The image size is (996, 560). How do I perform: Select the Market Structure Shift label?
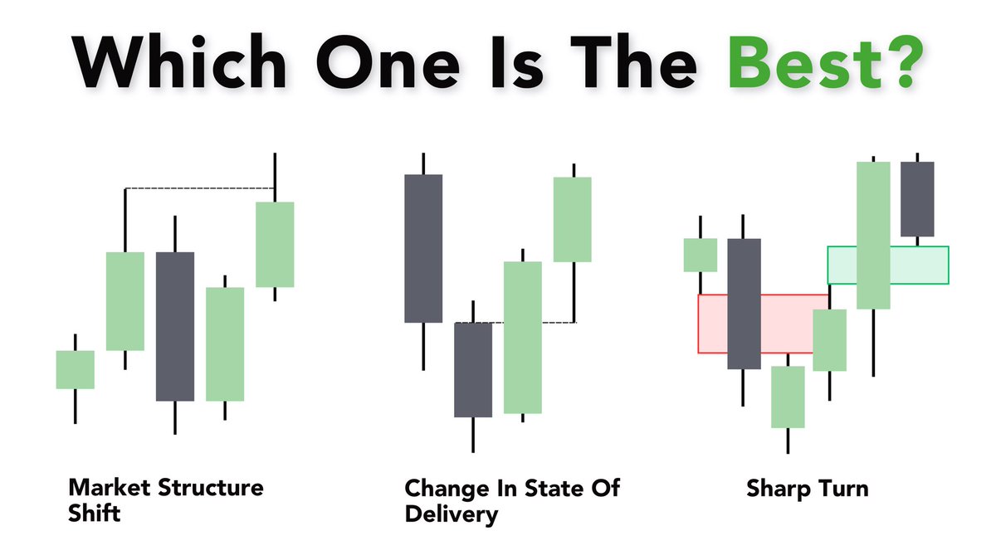coord(165,499)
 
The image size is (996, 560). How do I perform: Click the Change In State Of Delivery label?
coord(511,499)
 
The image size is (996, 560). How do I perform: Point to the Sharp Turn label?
coord(807,488)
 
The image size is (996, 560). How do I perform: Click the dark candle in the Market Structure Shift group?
coord(175,326)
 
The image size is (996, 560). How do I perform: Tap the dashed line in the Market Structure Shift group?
coord(199,189)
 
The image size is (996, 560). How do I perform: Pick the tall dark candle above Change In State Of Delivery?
coord(423,248)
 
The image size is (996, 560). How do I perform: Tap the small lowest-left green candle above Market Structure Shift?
coord(75,369)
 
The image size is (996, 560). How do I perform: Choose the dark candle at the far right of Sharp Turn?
coord(917,199)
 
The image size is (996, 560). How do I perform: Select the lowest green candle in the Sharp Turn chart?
coord(788,397)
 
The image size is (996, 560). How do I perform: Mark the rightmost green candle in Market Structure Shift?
coord(275,244)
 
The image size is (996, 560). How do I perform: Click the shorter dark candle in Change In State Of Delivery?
coord(473,369)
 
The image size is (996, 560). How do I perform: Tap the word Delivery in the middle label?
coord(452,514)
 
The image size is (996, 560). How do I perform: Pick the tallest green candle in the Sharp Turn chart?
coord(873,235)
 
